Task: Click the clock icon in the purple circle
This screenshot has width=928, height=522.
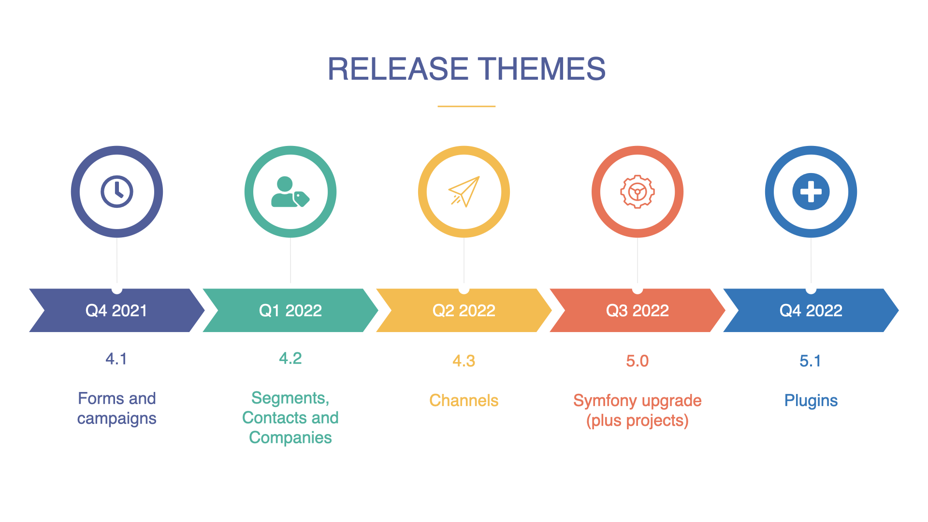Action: coord(117,192)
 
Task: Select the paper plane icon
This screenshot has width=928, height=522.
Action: coord(464,191)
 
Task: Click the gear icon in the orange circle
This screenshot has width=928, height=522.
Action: coord(638,192)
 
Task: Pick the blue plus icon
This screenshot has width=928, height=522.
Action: coord(811,192)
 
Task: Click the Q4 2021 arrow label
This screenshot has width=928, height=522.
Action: coord(116,310)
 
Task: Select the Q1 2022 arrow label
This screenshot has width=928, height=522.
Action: coord(290,310)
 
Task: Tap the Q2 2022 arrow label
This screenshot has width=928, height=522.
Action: coord(464,310)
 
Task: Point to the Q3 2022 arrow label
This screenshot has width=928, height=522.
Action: coord(638,310)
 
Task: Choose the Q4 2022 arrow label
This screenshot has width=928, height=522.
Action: coord(811,310)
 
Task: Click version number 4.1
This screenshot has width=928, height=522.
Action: coord(116,359)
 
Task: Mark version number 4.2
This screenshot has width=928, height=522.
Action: coord(290,359)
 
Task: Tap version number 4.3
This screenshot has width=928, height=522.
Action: coord(464,361)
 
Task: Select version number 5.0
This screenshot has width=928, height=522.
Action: coord(638,361)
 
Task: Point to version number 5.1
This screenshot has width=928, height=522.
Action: coord(811,361)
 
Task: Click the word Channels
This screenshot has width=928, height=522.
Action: coord(464,401)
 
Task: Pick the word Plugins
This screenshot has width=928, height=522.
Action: coord(811,401)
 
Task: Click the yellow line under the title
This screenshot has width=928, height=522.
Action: coord(466,106)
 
